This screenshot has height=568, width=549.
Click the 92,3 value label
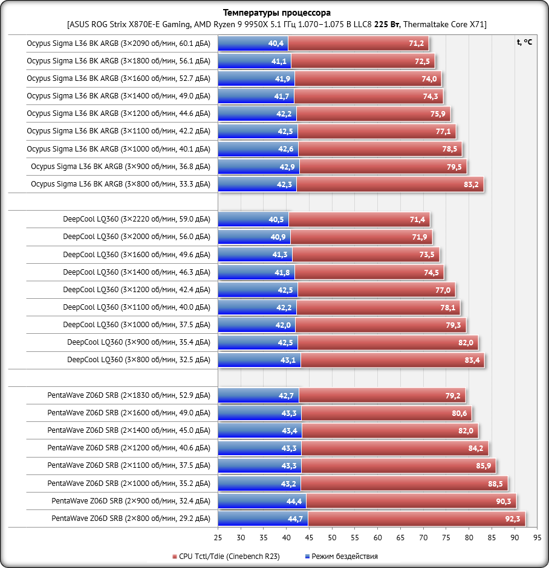pyautogui.click(x=512, y=519)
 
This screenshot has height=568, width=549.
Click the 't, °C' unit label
pyautogui.click(x=524, y=42)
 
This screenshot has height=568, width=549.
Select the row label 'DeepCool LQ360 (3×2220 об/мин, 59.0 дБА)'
pyautogui.click(x=136, y=219)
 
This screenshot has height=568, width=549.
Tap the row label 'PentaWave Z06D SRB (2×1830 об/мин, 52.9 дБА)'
pyautogui.click(x=129, y=395)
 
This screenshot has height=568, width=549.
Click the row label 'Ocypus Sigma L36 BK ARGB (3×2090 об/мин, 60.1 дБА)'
pyautogui.click(x=119, y=43)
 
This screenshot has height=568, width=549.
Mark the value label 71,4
pyautogui.click(x=418, y=219)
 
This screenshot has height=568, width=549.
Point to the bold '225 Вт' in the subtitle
pyautogui.click(x=387, y=24)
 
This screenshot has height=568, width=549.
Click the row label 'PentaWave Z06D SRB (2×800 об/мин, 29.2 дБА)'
pyautogui.click(x=131, y=519)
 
